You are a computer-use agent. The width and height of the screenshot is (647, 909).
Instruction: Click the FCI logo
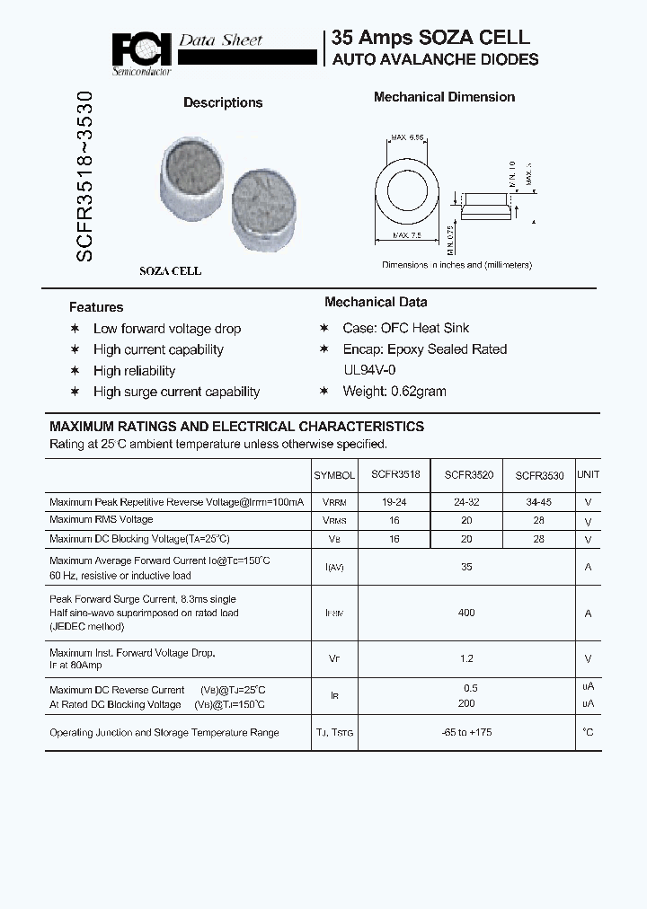(142, 49)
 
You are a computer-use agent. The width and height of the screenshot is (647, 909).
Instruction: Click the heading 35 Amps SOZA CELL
(430, 38)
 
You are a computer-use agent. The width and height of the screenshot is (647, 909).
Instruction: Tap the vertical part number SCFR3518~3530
(84, 176)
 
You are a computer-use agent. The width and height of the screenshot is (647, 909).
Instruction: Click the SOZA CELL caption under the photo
(170, 270)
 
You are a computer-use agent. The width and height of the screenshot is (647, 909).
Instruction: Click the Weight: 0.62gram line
(394, 392)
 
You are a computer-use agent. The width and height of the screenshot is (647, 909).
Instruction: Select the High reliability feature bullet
(134, 371)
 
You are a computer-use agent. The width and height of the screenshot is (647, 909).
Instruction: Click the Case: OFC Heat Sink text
(405, 329)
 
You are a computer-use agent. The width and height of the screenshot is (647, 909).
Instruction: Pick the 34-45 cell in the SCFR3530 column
(539, 503)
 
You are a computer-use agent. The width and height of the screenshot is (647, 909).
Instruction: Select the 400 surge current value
(465, 613)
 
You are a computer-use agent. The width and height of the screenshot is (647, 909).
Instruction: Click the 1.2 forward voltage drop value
(465, 658)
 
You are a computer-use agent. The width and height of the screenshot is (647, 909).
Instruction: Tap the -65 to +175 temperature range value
(465, 733)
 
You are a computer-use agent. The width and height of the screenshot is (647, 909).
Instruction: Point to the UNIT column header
(588, 474)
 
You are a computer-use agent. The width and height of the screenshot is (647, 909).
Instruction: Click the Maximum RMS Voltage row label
(102, 520)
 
